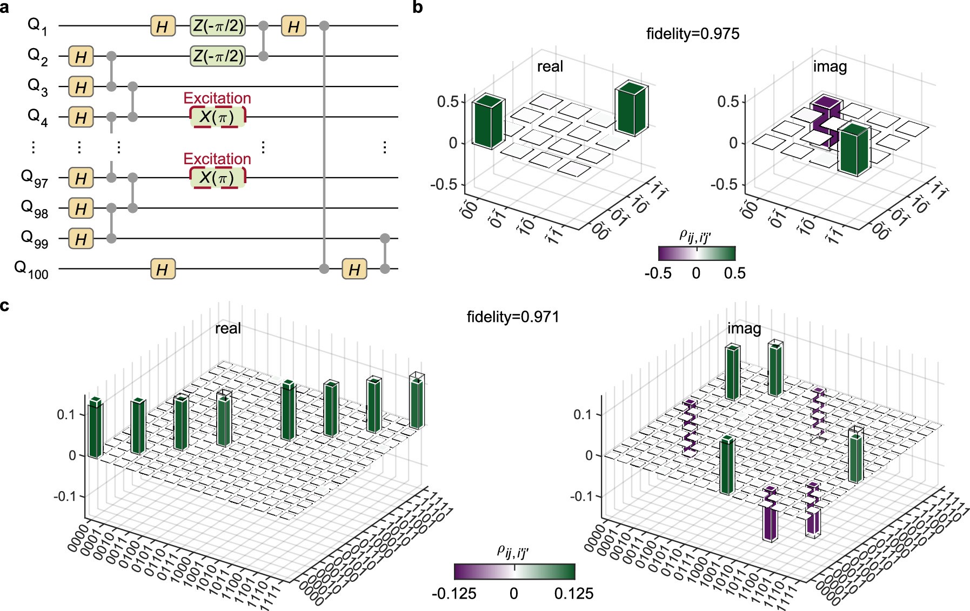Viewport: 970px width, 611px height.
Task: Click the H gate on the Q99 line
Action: (x=81, y=239)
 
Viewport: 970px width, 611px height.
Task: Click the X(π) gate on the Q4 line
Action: (x=217, y=117)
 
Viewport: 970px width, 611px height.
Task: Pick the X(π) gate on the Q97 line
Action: (x=217, y=178)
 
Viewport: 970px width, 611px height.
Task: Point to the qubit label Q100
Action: (x=31, y=269)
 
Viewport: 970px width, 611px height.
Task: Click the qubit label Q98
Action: (x=34, y=209)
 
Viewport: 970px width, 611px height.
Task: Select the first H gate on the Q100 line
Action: (x=163, y=269)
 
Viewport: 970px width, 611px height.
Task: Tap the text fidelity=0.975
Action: (x=692, y=34)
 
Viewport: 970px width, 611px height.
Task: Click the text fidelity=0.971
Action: (x=512, y=317)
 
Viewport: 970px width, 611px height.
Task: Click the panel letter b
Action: (x=417, y=7)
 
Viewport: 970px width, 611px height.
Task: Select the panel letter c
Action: (x=5, y=306)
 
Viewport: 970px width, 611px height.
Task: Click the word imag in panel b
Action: (x=829, y=67)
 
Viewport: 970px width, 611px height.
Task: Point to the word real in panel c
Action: (x=228, y=328)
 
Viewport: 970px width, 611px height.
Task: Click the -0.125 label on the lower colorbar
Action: (x=454, y=594)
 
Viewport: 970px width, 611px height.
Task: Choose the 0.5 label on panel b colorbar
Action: (x=734, y=273)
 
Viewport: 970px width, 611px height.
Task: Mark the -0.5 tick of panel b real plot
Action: (x=444, y=184)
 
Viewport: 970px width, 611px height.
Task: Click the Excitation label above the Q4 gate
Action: (x=217, y=98)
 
